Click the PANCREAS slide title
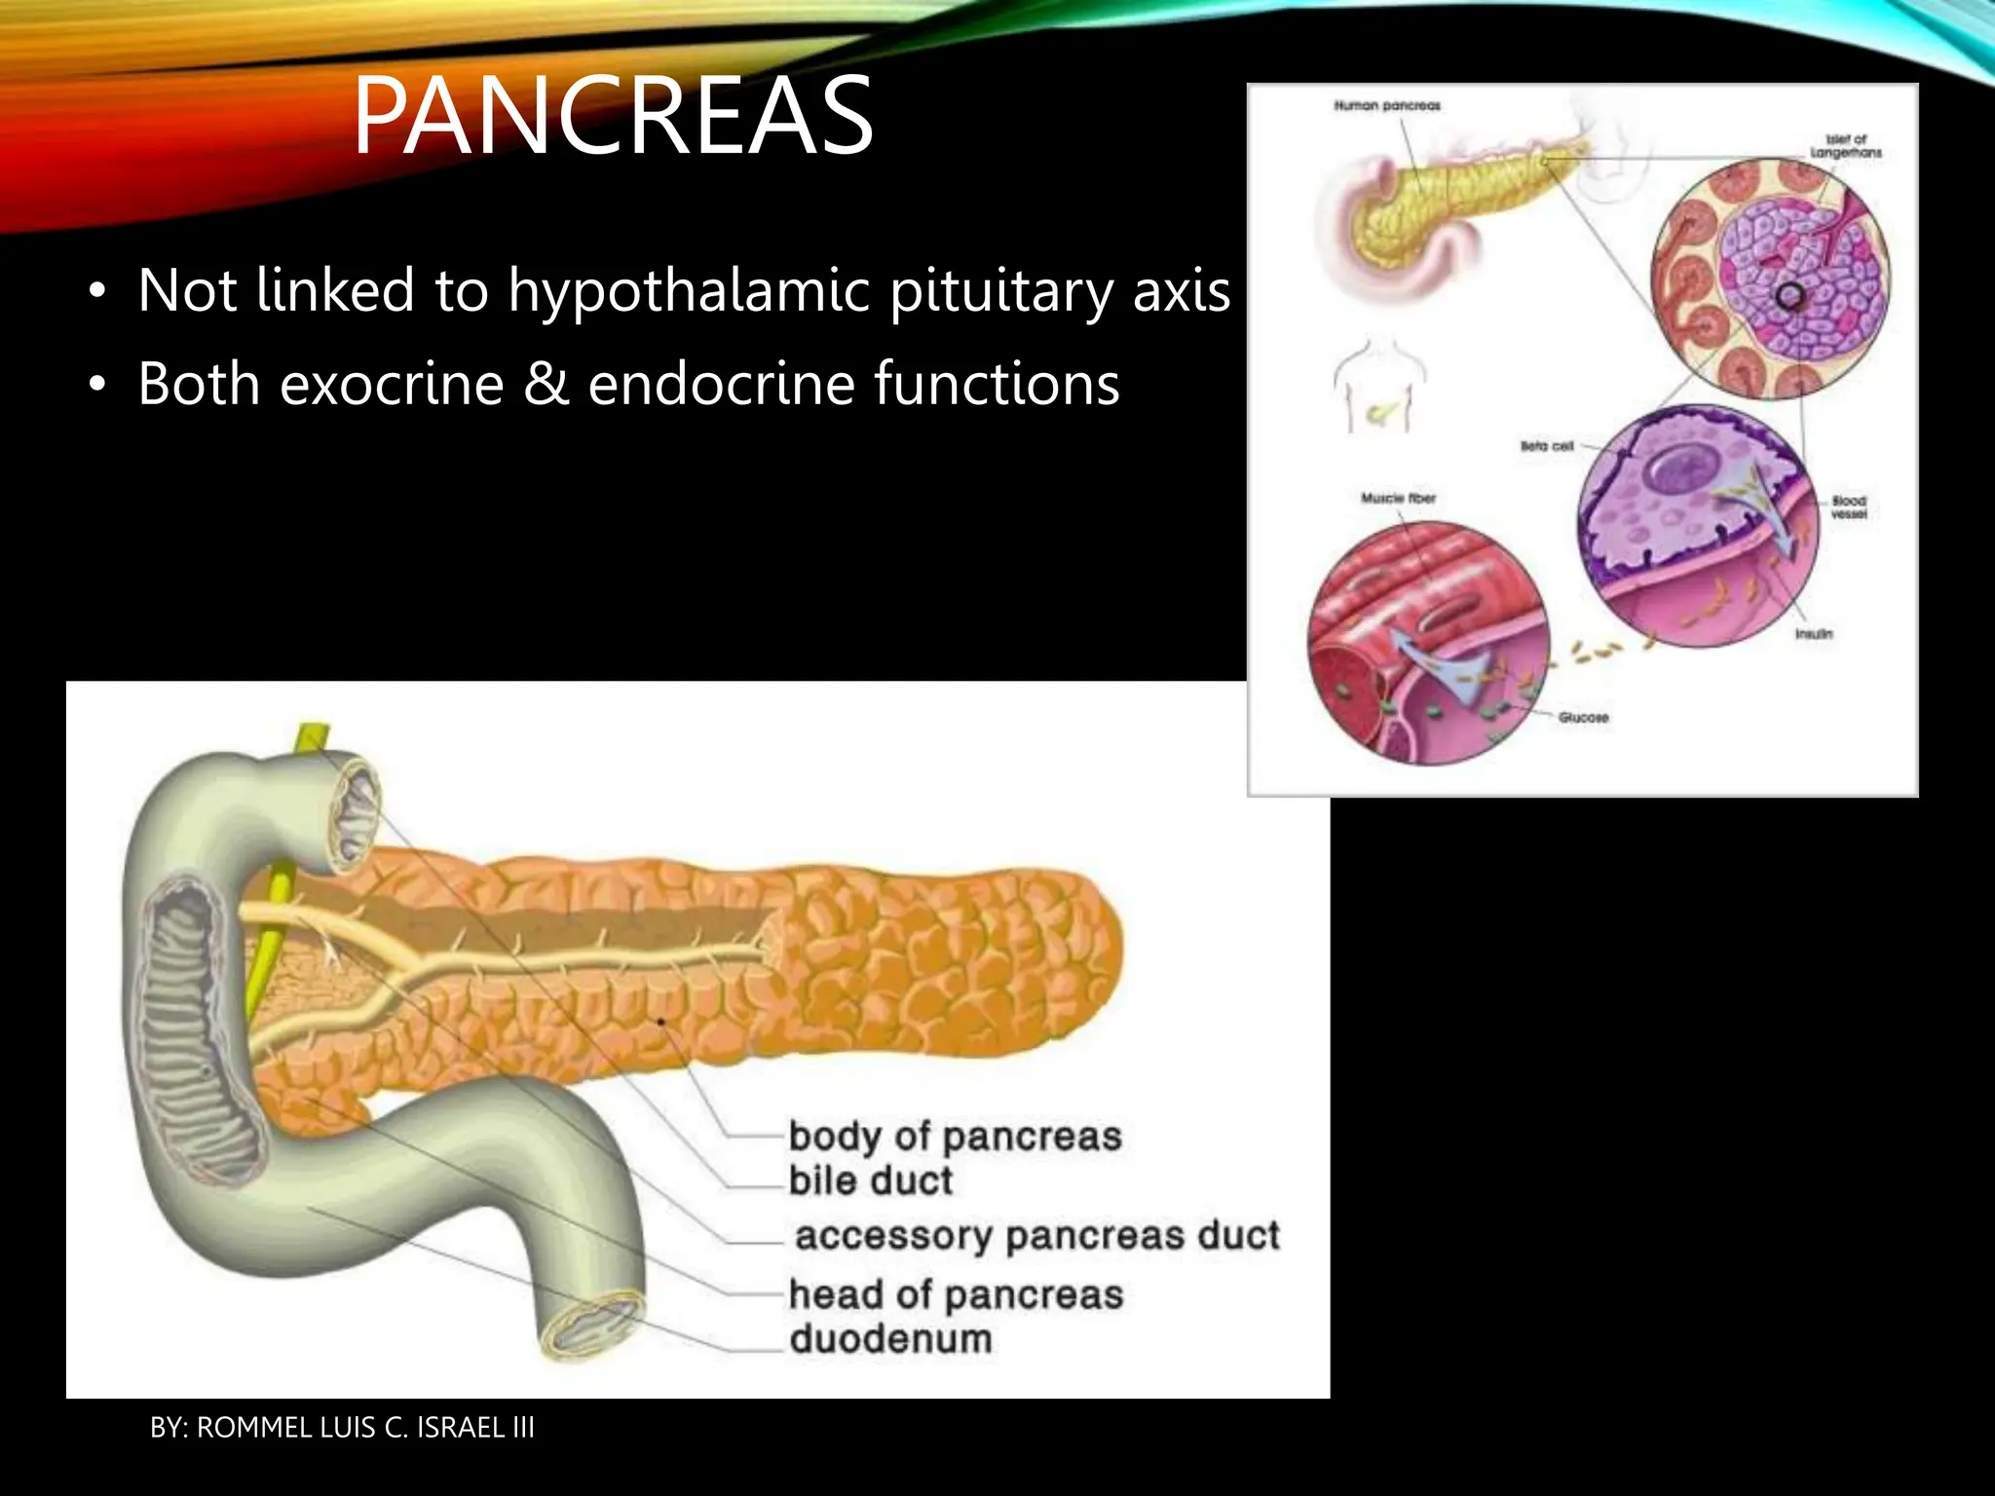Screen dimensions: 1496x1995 pos(613,117)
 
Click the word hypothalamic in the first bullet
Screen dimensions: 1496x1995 pos(688,291)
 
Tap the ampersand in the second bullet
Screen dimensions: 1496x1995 pos(546,384)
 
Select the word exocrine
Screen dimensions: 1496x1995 pos(392,384)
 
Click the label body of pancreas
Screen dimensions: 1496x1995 pos(955,1137)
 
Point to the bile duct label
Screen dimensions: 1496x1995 pos(870,1180)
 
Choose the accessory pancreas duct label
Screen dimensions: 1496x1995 pos(1036,1236)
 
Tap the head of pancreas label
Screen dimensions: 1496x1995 pos(955,1295)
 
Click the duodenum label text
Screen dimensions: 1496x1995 pos(890,1339)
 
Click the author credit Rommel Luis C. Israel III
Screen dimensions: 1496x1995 pos(342,1428)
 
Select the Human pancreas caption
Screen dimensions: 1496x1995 pos(1386,105)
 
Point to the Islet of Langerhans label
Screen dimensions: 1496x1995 pos(1845,146)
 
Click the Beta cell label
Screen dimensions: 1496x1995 pos(1547,446)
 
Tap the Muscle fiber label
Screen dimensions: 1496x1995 pos(1398,498)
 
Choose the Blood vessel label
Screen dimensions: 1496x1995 pos(1848,506)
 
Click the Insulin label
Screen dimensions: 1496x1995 pos(1813,634)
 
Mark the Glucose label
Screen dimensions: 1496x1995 pos(1583,718)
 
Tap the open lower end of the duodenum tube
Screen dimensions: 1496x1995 pos(593,1325)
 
